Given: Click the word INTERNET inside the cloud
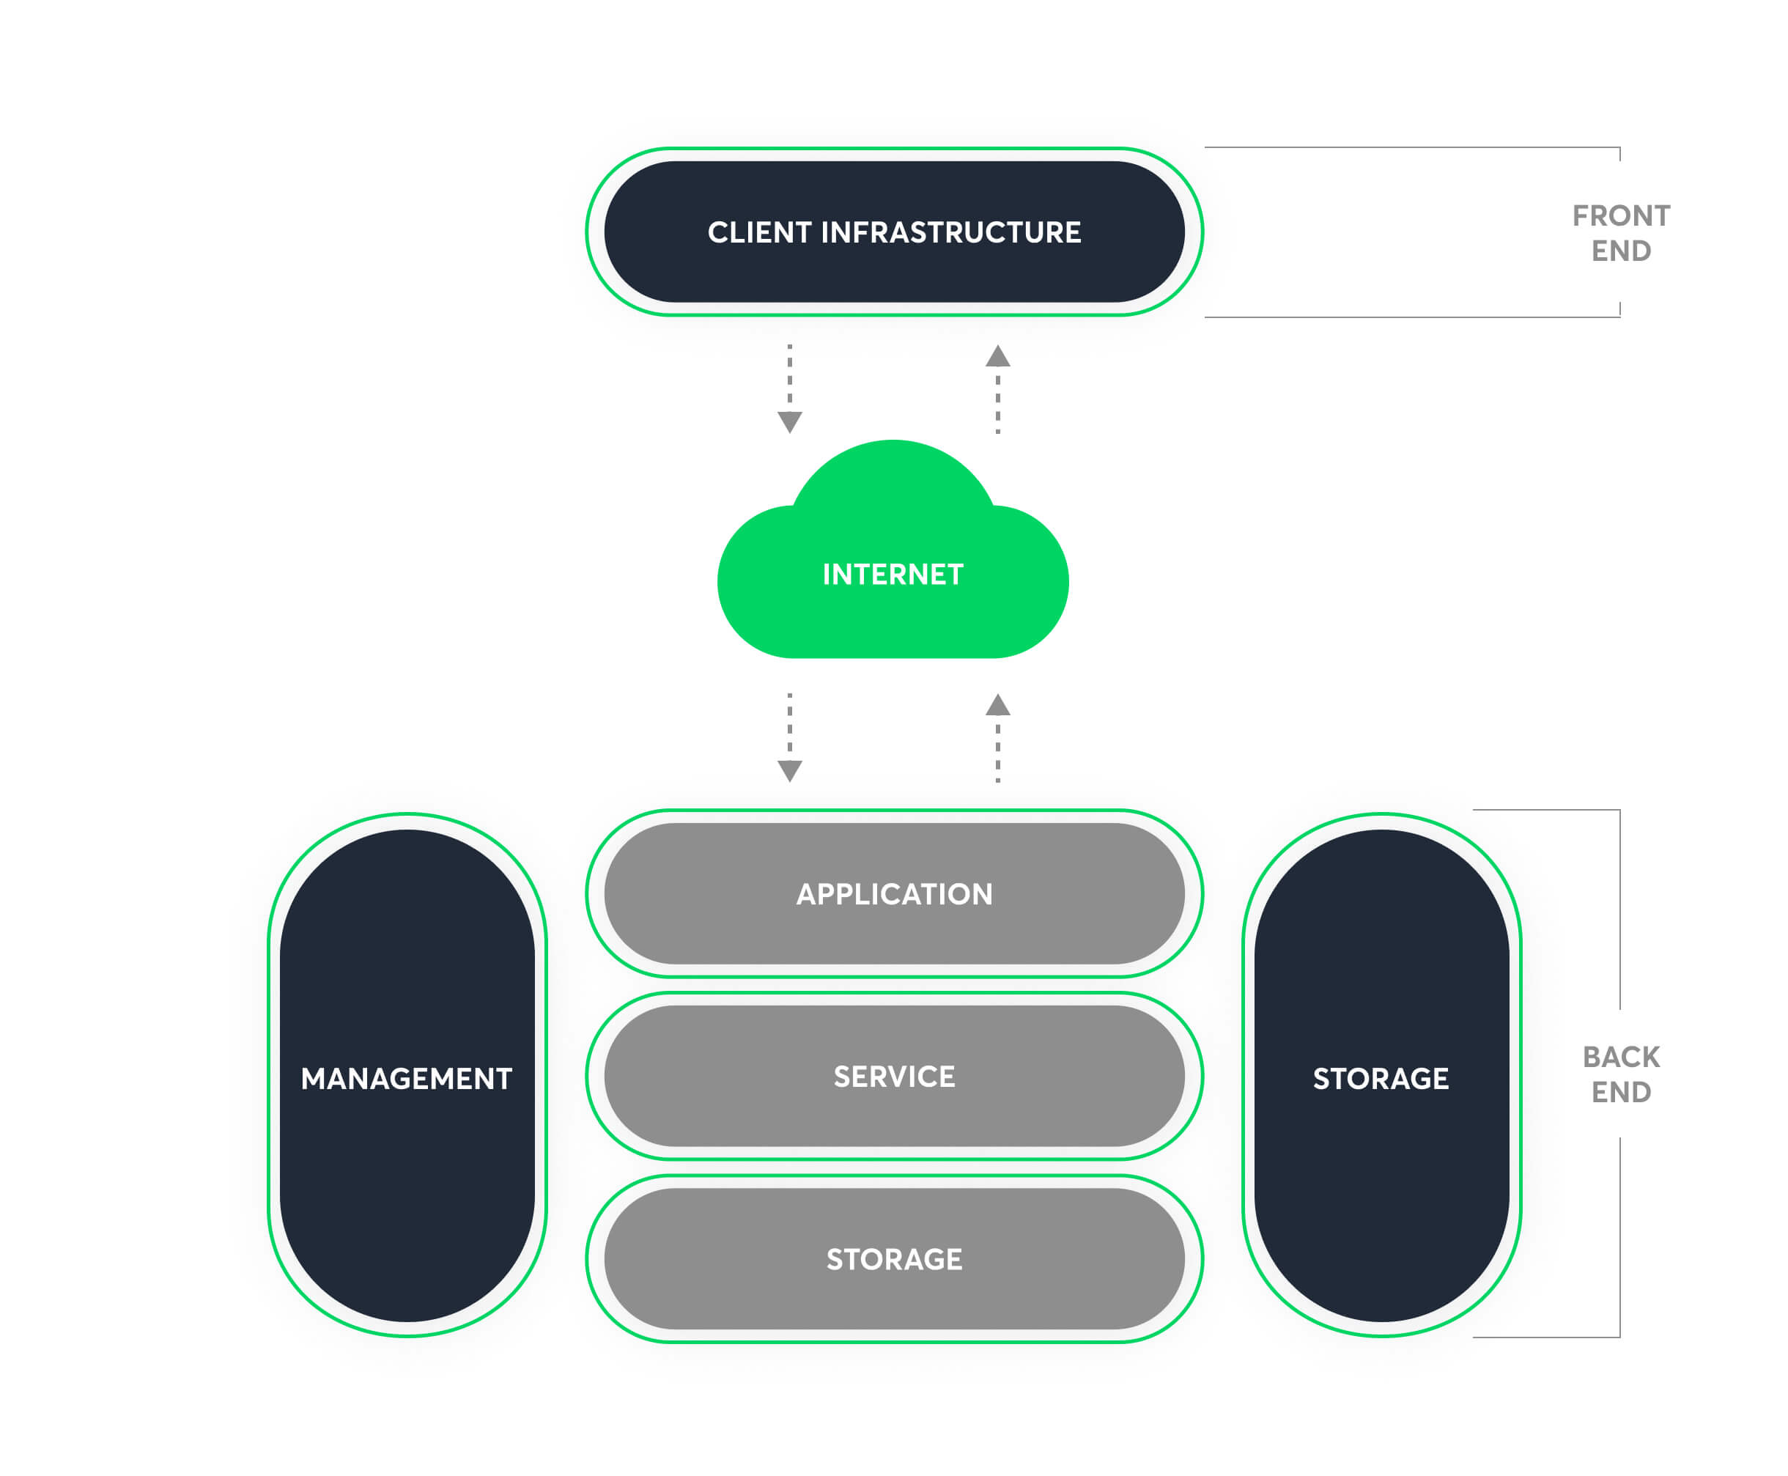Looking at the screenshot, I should tap(893, 575).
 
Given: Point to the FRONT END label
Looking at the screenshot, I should tap(1620, 233).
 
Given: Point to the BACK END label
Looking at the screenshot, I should tap(1620, 1074).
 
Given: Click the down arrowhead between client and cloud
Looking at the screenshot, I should tap(790, 421).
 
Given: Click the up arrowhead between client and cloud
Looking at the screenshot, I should tap(997, 356).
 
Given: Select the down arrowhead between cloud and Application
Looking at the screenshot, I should tap(790, 770).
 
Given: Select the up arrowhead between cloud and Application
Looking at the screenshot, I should tap(997, 705).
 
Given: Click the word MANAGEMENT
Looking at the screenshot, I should tap(407, 1078).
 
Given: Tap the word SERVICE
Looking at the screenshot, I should tap(893, 1077).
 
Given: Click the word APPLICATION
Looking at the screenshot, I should tap(893, 893).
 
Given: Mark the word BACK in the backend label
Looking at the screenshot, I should tap(1620, 1057).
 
